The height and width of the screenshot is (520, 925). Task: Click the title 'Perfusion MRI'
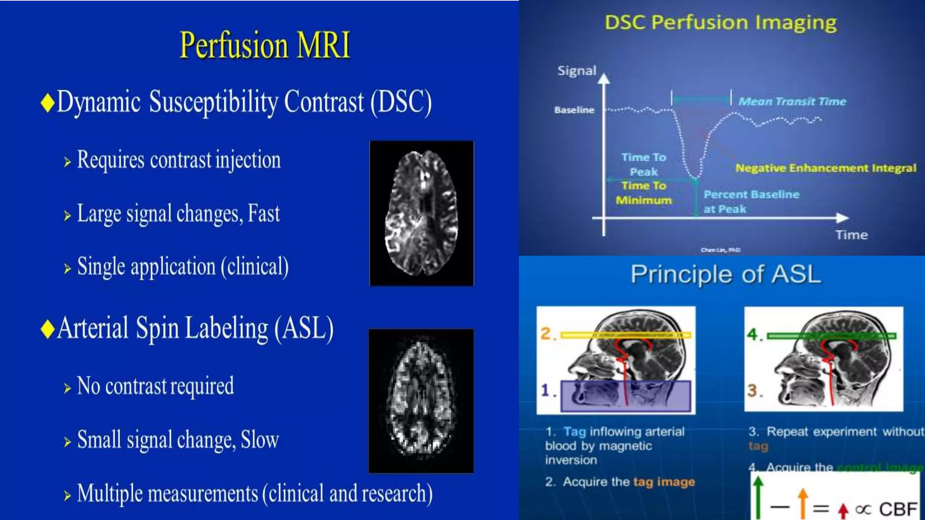coord(265,45)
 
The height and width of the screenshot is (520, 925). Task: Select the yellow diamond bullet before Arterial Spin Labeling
coord(47,329)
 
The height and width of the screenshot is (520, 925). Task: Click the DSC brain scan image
coord(421,213)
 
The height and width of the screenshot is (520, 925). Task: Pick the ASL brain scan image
coord(421,401)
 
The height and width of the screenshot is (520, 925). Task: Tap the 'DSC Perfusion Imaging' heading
coord(720,23)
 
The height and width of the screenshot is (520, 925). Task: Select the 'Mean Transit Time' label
coord(792,102)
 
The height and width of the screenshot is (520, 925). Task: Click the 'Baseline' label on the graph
coord(574,110)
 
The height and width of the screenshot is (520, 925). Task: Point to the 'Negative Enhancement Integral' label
coord(826,168)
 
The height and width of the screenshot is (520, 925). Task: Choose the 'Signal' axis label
coord(577,70)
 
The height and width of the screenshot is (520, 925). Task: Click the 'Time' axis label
coord(851,235)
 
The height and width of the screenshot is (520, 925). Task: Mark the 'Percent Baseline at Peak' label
coord(751,201)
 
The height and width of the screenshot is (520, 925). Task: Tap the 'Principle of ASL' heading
coord(725,274)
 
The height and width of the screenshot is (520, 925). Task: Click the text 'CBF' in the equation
coord(898,509)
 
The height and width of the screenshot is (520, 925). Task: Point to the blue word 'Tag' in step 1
coord(575,432)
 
